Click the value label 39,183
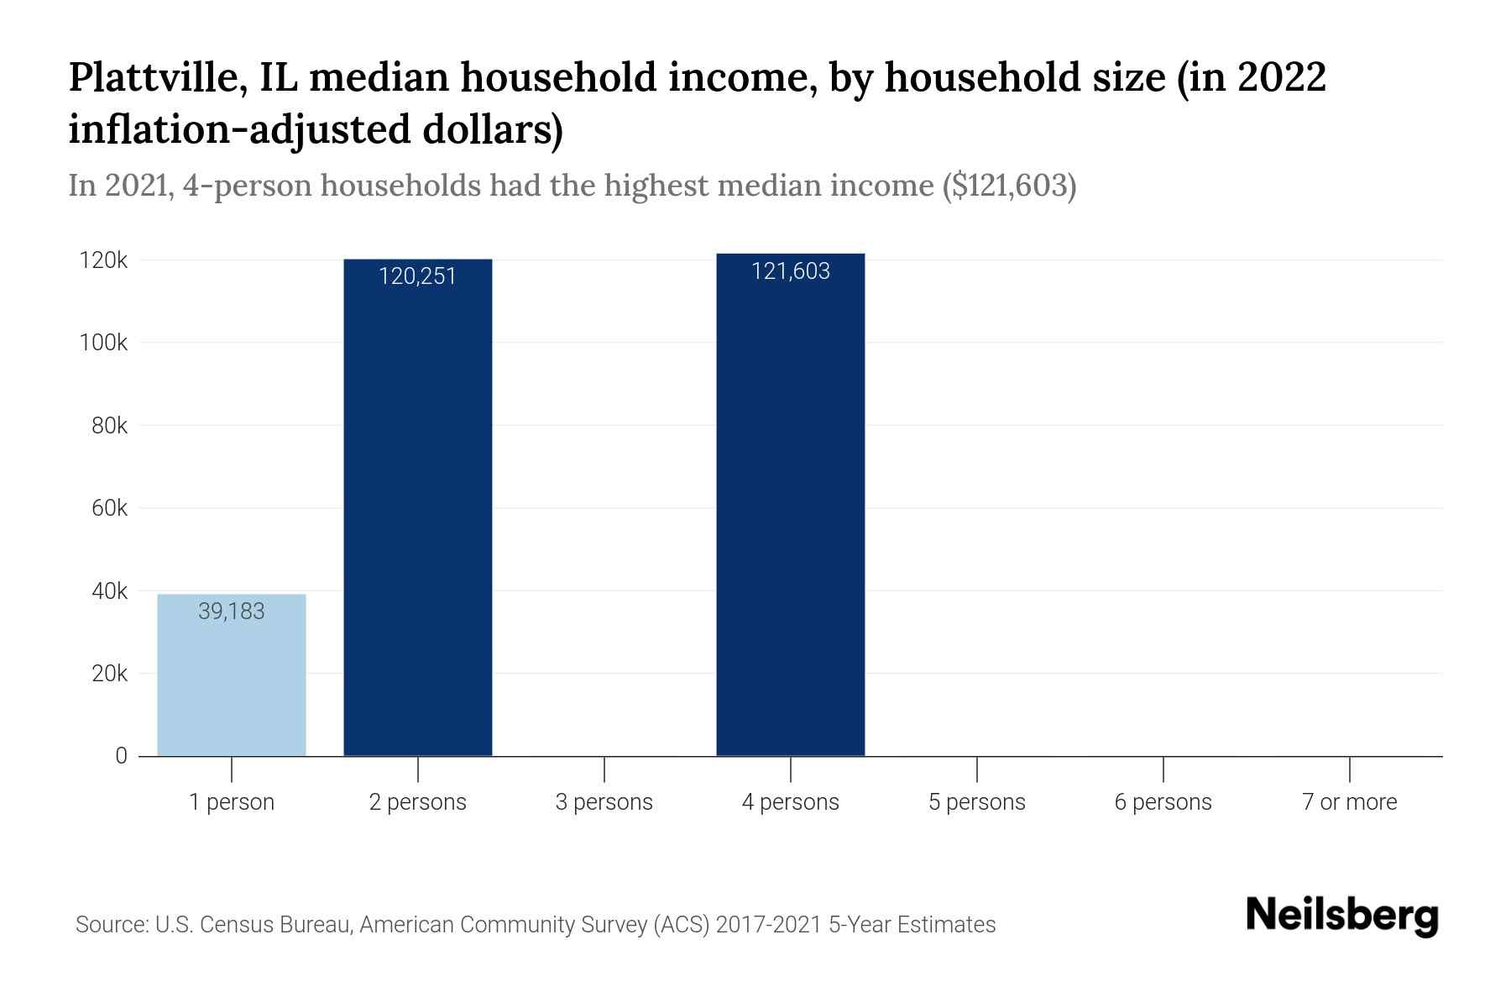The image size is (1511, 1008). click(x=232, y=612)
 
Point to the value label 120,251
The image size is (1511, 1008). click(x=417, y=276)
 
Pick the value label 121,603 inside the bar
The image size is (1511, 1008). click(x=790, y=271)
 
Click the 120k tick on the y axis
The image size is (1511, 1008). click(x=104, y=260)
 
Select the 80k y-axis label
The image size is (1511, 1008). click(x=109, y=426)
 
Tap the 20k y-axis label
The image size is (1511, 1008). click(x=109, y=674)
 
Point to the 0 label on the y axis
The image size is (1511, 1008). click(x=122, y=756)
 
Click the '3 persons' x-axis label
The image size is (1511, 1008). click(x=604, y=802)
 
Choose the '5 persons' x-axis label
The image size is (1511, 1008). click(x=976, y=802)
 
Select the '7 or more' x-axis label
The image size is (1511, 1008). click(x=1349, y=802)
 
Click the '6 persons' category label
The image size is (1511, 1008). click(x=1163, y=802)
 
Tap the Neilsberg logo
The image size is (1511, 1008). click(x=1341, y=916)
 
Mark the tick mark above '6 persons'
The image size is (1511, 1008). click(x=1163, y=768)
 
